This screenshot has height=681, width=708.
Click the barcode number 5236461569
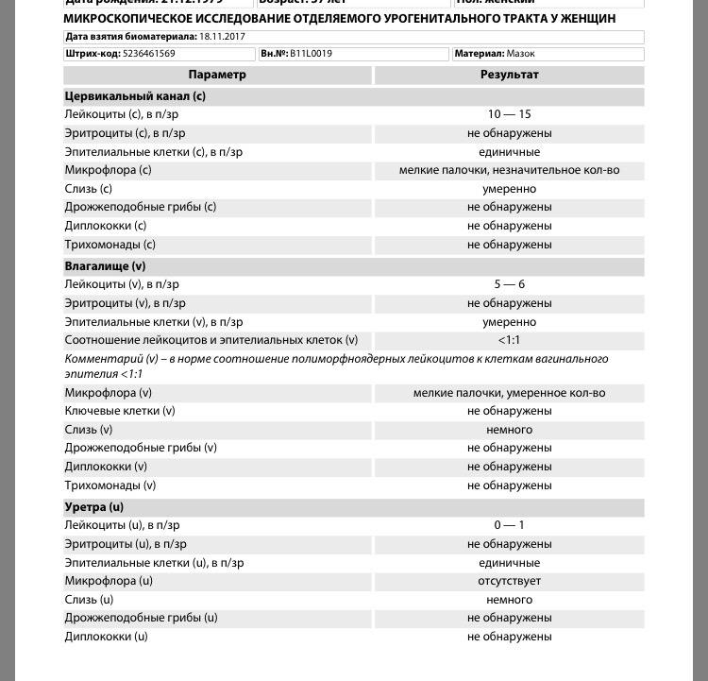149,54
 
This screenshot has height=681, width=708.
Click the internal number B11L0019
311,54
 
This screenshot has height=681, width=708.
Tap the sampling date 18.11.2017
222,37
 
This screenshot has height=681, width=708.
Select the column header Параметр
217,75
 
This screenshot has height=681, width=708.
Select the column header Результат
509,75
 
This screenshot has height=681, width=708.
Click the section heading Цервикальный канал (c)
135,96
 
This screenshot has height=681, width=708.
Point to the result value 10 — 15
509,114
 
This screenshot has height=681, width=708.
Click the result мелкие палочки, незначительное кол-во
509,170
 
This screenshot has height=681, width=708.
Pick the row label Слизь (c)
89,189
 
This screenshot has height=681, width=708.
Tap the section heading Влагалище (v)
105,266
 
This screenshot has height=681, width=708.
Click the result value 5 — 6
509,284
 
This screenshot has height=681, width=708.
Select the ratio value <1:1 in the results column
509,340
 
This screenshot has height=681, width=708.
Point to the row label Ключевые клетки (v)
120,411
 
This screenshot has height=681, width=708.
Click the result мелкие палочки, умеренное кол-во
509,393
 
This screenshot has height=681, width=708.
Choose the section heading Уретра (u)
93,507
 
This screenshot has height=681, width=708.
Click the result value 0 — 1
509,525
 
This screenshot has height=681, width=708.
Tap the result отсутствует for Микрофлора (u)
509,581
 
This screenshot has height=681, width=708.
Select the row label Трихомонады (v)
110,485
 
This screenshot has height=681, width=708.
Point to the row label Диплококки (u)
107,637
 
